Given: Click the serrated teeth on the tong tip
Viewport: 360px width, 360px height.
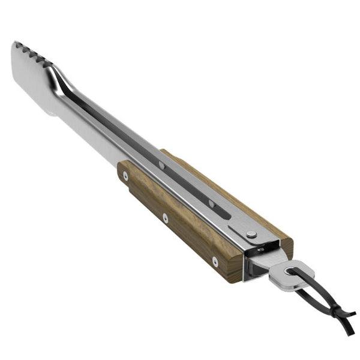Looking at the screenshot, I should pos(33,53).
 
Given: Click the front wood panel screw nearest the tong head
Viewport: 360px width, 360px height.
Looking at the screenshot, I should pos(125,176).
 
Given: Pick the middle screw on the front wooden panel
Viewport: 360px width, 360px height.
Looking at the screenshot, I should pos(166,217).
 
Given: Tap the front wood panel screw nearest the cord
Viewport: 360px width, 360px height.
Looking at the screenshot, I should pos(215,261).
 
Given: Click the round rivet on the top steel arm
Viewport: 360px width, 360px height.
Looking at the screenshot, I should pos(250,234).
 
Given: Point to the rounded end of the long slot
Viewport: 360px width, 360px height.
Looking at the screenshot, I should pos(227,214).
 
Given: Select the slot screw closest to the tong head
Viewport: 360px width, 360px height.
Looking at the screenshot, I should pos(161,164).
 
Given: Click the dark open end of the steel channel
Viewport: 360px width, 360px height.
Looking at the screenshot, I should pos(255,264).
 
